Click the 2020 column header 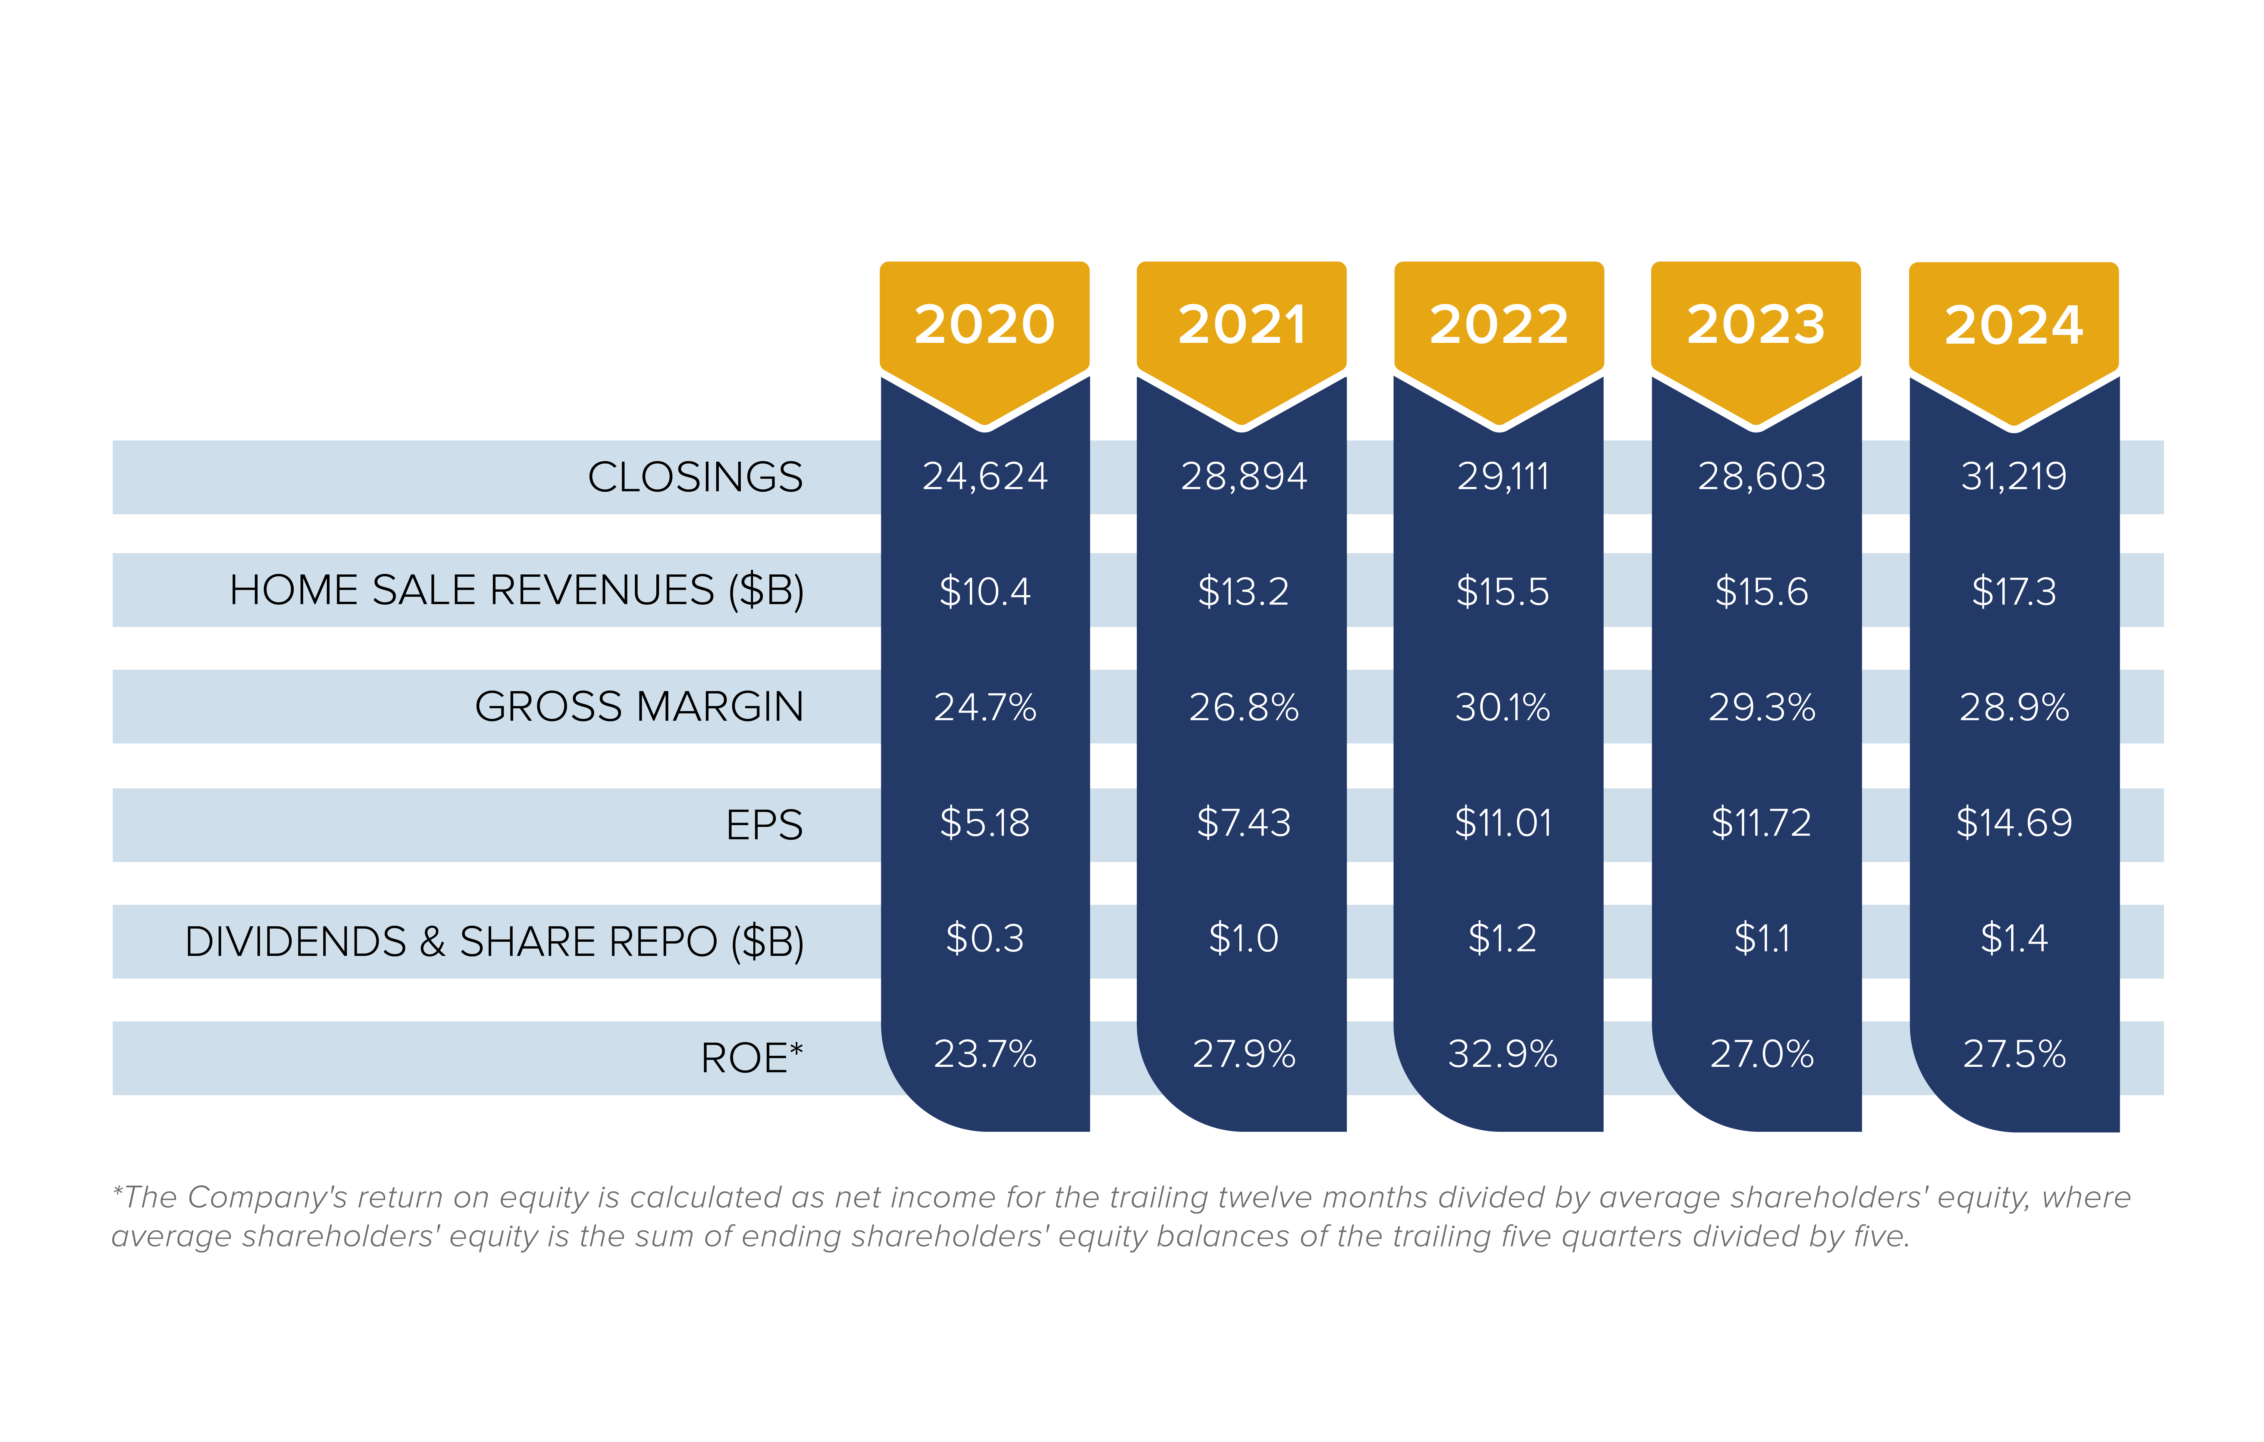coord(984,325)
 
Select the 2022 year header coord(1499,325)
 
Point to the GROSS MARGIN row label coord(639,706)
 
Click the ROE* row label coord(751,1057)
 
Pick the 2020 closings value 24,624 coord(984,476)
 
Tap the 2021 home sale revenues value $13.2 coord(1243,592)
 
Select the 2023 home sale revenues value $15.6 coord(1761,592)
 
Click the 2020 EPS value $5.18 coord(984,823)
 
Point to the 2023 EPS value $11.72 coord(1761,823)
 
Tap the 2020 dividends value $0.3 coord(984,938)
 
